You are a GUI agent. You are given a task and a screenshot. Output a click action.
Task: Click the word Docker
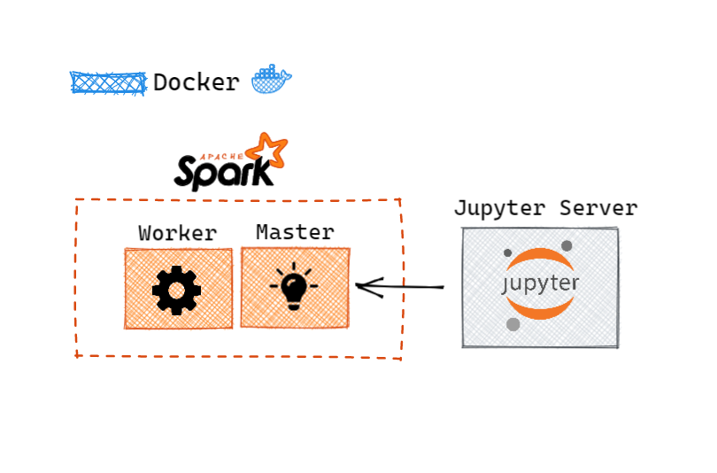pos(196,83)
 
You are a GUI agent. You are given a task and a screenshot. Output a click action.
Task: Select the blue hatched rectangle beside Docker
pos(108,83)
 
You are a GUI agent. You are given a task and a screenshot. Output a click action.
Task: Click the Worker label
pos(177,234)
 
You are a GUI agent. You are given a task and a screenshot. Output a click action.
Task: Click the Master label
pos(295,233)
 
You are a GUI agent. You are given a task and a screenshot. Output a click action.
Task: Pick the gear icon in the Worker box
pos(177,289)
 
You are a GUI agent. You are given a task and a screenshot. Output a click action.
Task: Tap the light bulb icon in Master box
pos(294,287)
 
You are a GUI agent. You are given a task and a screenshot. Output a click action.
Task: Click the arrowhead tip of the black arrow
pos(357,285)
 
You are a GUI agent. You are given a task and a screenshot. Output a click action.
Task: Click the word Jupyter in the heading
pos(499,209)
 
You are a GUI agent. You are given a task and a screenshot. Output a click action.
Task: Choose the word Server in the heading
pos(598,209)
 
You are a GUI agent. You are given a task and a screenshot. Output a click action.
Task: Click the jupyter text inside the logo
pos(540,283)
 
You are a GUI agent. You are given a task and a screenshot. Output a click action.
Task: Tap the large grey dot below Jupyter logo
pos(513,325)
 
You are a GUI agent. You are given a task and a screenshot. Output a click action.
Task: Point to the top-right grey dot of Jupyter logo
pos(567,245)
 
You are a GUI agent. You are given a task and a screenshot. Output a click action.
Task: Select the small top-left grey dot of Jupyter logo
pos(508,253)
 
